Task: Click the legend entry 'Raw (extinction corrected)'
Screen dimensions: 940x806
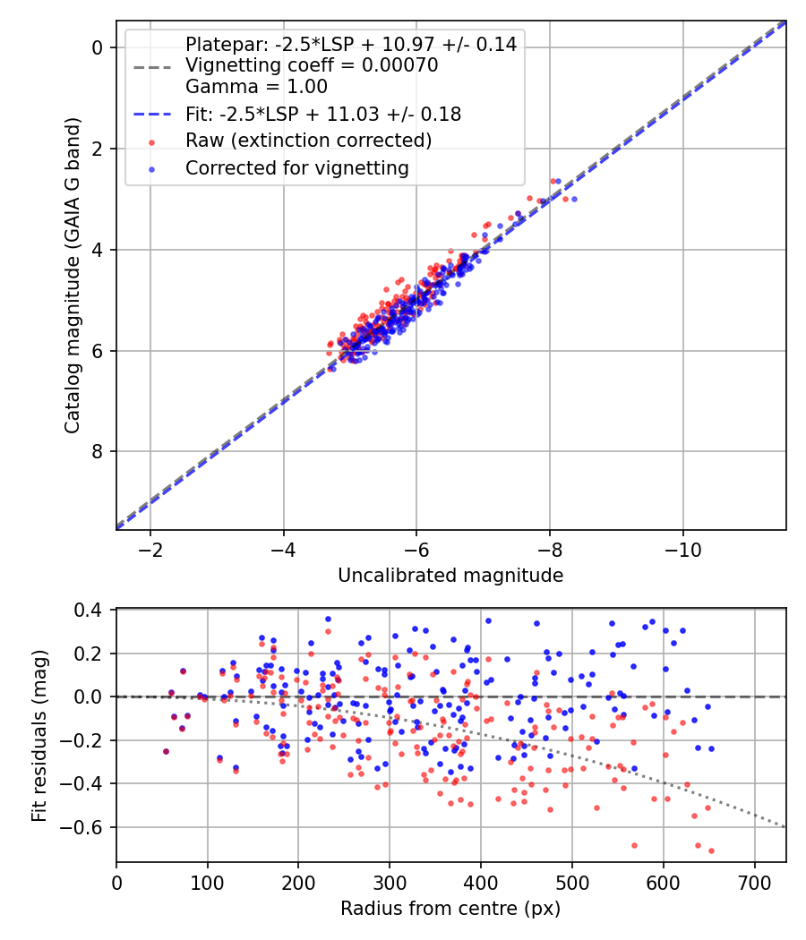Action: pos(308,141)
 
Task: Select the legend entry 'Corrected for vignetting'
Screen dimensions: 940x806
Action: pos(296,167)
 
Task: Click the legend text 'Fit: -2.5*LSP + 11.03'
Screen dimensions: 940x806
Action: pos(323,114)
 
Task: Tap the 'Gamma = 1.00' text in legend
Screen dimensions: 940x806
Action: pos(256,87)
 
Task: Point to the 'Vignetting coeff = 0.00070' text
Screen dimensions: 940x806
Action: pos(312,65)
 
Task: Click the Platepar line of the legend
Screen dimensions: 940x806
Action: pos(350,44)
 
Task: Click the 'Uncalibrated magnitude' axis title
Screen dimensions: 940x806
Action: pos(450,576)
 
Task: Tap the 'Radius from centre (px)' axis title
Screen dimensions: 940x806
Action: pos(450,909)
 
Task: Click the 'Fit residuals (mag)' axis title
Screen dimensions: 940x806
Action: pos(39,736)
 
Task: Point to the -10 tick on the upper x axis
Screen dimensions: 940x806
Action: pos(683,548)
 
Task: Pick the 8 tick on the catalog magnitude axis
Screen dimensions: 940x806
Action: pos(99,451)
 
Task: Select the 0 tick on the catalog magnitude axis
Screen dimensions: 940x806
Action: pos(99,47)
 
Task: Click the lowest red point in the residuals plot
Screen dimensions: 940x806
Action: pos(711,850)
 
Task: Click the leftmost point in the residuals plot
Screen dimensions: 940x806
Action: pos(166,751)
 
